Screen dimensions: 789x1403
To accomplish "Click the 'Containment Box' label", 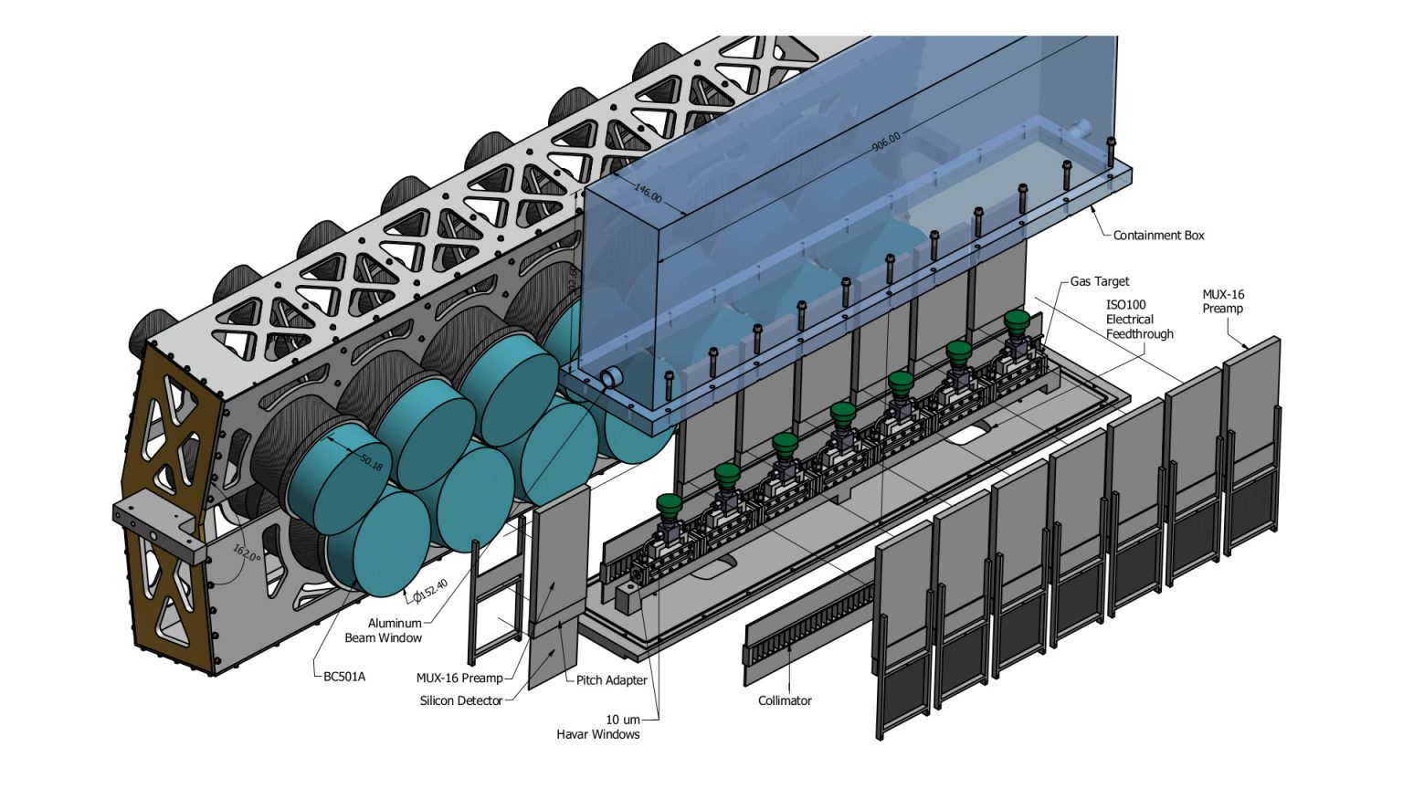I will tap(1158, 236).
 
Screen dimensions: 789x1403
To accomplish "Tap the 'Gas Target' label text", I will tap(1100, 281).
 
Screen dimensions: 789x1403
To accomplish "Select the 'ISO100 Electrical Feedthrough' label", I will tap(1139, 320).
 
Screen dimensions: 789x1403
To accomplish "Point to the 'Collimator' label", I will tap(785, 700).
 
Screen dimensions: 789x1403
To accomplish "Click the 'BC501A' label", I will tap(344, 677).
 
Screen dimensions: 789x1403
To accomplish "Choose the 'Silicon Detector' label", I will tap(461, 700).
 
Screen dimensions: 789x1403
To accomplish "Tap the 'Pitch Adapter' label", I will tap(611, 680).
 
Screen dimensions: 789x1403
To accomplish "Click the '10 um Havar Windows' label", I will tap(598, 727).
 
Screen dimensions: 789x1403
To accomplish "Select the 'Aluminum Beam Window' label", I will tap(384, 630).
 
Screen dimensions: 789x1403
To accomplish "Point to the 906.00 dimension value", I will tap(885, 142).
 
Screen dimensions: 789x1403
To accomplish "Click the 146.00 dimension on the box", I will tap(648, 194).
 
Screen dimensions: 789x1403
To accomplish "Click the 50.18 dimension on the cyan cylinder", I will tap(371, 462).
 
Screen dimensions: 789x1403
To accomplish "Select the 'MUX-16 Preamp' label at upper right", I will tap(1223, 301).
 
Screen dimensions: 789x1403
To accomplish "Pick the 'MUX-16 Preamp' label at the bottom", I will tap(459, 678).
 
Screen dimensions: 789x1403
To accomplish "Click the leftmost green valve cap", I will tap(670, 503).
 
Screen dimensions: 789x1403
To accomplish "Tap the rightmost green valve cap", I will tap(1017, 320).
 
